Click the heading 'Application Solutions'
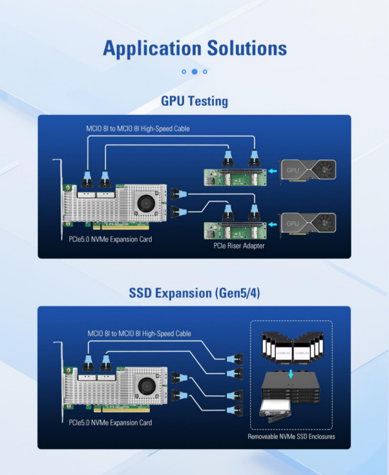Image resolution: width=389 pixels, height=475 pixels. pyautogui.click(x=194, y=48)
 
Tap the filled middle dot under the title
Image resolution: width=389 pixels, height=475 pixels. pyautogui.click(x=194, y=72)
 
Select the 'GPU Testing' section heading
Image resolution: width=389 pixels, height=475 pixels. pyautogui.click(x=194, y=101)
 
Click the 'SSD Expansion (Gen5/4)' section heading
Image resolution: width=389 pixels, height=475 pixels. pyautogui.click(x=194, y=293)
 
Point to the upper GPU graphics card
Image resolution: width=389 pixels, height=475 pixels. pyautogui.click(x=308, y=171)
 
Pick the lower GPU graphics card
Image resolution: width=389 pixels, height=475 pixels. pyautogui.click(x=308, y=223)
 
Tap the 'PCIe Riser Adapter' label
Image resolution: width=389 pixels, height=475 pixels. pyautogui.click(x=238, y=246)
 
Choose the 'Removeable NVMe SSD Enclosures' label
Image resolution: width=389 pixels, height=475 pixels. pyautogui.click(x=291, y=437)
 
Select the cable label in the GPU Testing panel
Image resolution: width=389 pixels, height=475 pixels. pyautogui.click(x=138, y=128)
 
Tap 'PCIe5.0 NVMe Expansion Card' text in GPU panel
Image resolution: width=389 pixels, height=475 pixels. pyautogui.click(x=110, y=239)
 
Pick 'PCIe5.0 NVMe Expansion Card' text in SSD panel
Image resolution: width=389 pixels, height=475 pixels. pyautogui.click(x=110, y=423)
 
